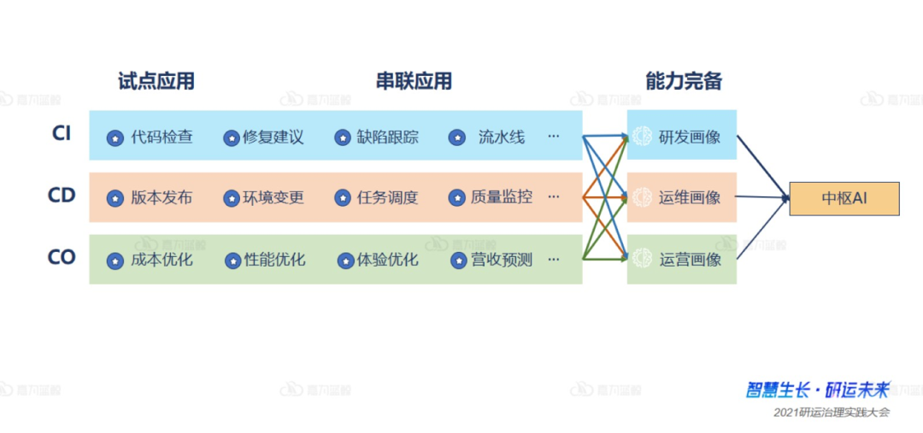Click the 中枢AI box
(844, 198)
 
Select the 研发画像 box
(682, 136)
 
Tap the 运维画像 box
(682, 198)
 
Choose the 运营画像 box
(682, 259)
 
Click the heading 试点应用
(156, 81)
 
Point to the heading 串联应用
(414, 81)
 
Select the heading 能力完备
(684, 81)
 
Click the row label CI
(62, 133)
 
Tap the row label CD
(62, 195)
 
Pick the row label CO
(62, 257)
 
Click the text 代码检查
(162, 137)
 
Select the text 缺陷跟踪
(388, 137)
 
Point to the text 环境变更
(273, 198)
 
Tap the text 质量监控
(502, 197)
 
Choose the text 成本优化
(162, 260)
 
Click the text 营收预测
(502, 260)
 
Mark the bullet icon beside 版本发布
(115, 198)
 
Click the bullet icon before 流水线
(457, 137)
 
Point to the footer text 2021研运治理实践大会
(832, 413)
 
